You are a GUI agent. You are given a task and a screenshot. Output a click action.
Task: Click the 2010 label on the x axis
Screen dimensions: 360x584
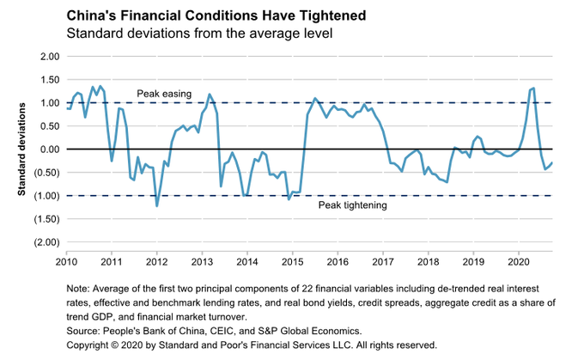click(x=66, y=260)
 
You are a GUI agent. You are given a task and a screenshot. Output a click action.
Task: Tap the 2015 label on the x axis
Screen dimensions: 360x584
click(x=292, y=260)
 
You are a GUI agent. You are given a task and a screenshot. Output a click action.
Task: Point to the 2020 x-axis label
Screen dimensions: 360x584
click(x=518, y=260)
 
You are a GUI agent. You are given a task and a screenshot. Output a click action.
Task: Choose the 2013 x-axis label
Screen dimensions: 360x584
click(x=202, y=260)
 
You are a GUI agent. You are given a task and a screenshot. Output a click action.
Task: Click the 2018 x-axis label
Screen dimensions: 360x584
click(x=428, y=260)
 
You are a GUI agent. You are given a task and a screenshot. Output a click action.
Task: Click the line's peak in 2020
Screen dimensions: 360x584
click(x=533, y=88)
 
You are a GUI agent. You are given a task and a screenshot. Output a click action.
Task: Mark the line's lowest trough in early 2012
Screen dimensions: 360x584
click(x=156, y=205)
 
